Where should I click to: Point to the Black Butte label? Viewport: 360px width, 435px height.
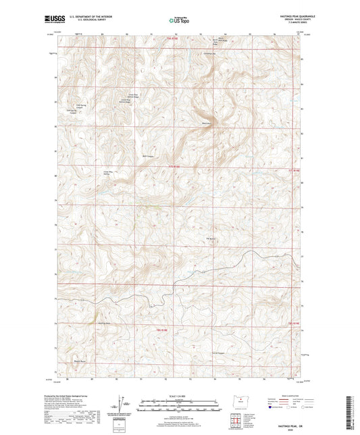tap(207, 124)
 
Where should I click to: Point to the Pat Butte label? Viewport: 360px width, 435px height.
tap(210, 238)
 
